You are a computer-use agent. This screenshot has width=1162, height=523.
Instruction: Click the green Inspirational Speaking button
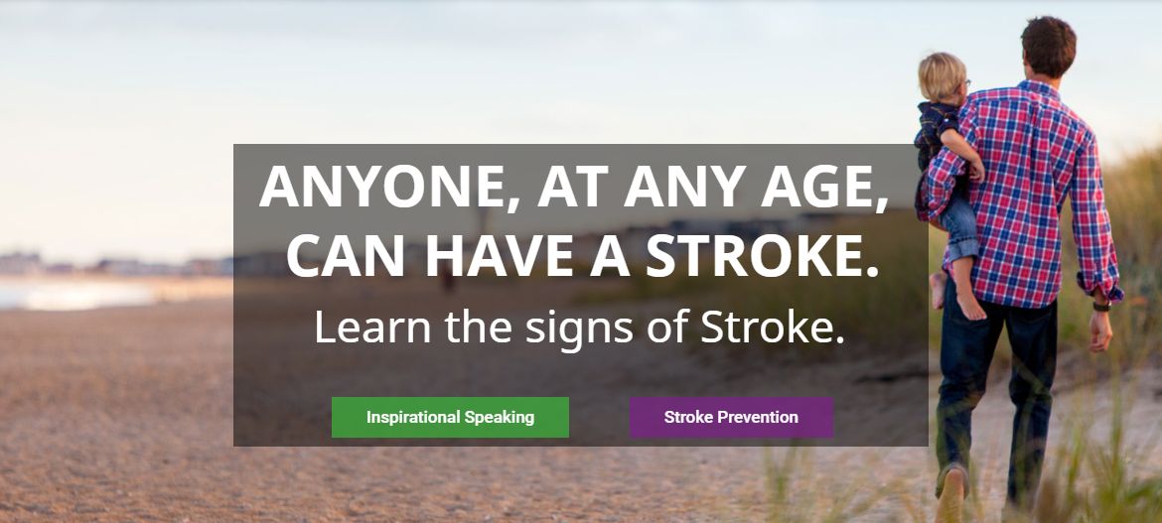click(x=450, y=417)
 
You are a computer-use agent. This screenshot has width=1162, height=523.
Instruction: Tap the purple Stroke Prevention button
click(x=731, y=417)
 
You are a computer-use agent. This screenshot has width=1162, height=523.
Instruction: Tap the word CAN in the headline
click(x=346, y=255)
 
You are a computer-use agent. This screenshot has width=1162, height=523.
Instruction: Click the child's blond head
click(x=943, y=76)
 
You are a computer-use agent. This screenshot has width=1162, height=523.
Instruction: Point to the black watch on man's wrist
click(x=1101, y=306)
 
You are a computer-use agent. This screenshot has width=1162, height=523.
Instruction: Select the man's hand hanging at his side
click(x=1099, y=330)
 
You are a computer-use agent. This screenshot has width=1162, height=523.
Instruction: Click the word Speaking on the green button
click(x=500, y=418)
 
